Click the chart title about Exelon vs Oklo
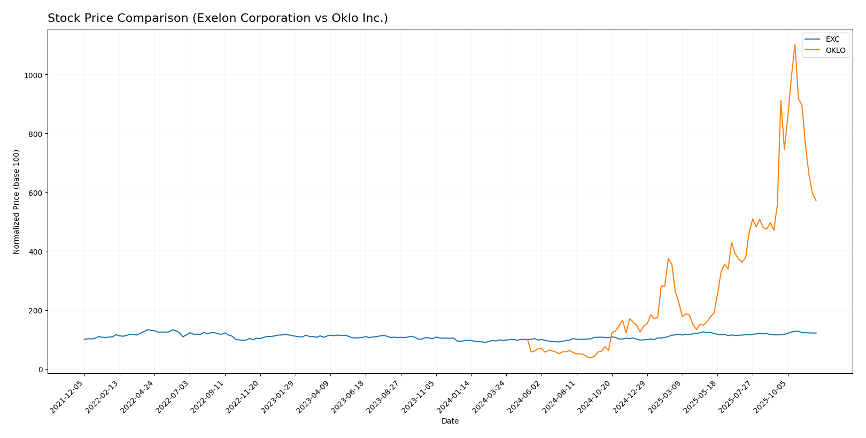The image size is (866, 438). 218,18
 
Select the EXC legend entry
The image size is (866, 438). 832,40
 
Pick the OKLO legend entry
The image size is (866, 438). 836,51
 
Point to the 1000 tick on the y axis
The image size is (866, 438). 33,75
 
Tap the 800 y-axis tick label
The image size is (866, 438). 35,134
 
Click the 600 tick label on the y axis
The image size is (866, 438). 35,193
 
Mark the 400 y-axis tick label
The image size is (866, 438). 35,251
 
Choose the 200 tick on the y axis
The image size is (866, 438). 35,311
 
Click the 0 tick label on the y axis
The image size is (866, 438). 40,370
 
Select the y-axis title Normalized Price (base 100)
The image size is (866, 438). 17,202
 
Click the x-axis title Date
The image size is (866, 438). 450,421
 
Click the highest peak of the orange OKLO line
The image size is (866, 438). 794,44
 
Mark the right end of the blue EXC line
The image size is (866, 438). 816,333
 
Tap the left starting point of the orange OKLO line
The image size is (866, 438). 528,339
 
